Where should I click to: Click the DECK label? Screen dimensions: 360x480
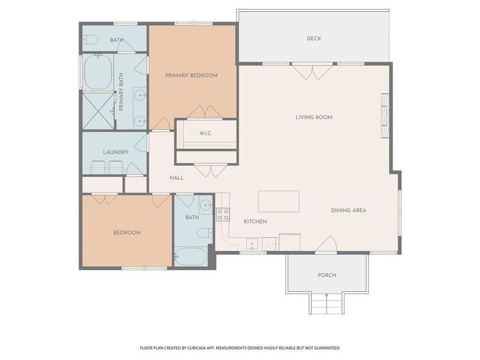tap(314, 39)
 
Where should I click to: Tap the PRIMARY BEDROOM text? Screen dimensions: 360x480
tap(191, 76)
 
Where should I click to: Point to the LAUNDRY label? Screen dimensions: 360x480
tap(116, 152)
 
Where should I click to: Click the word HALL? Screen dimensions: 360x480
tap(176, 178)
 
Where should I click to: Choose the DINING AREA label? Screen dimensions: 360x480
tap(349, 211)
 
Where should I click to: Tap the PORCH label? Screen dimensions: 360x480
tap(327, 275)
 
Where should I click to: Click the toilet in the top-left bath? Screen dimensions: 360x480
tap(91, 40)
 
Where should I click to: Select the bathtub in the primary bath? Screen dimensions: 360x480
tap(97, 71)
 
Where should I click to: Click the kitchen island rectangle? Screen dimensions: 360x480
tap(279, 202)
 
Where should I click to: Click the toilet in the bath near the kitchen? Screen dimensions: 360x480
tap(203, 233)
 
